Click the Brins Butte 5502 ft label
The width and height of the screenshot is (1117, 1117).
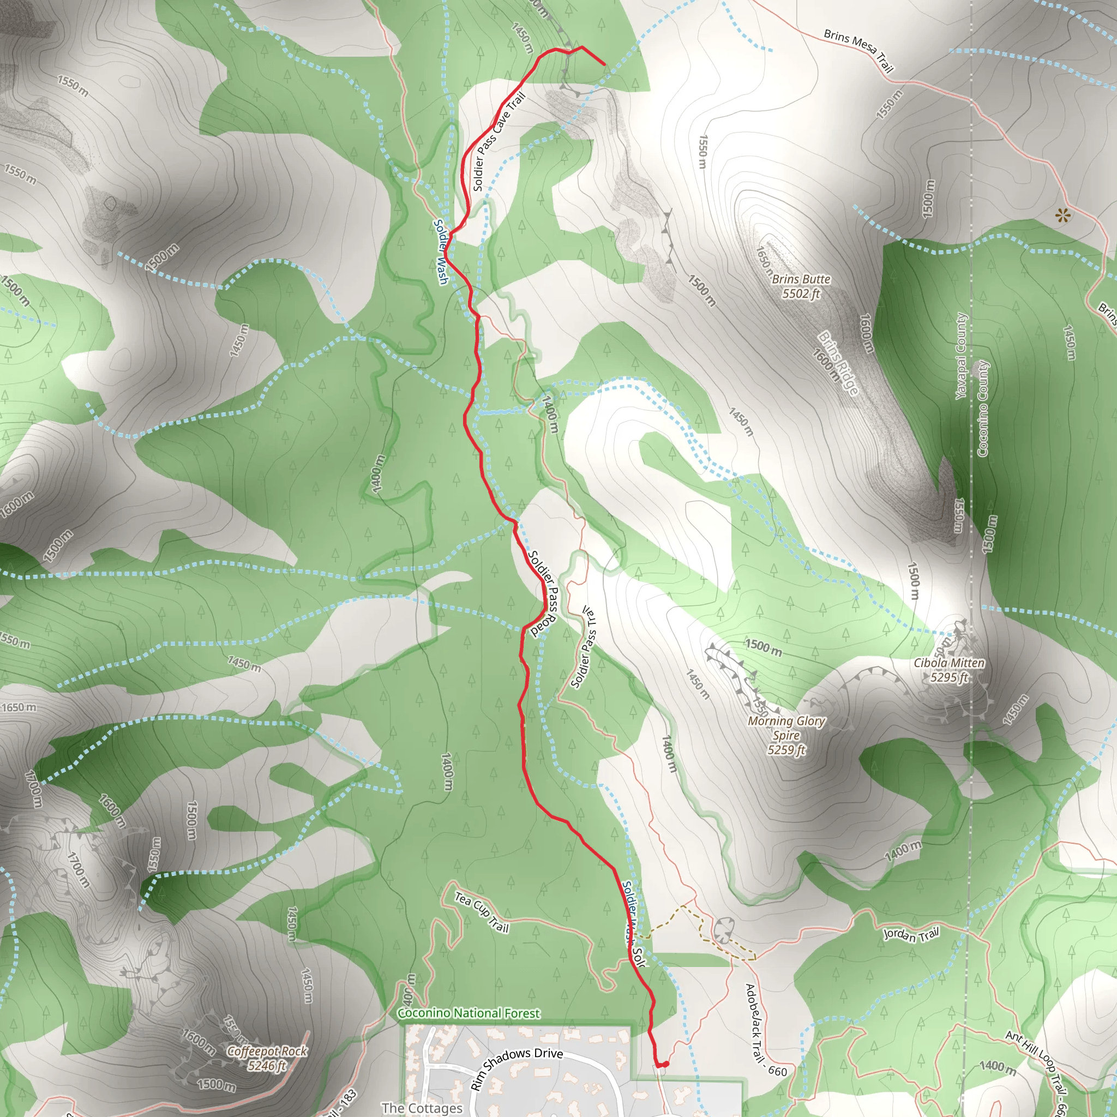click(x=801, y=286)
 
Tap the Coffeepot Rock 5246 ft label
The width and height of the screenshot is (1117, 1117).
click(x=267, y=1058)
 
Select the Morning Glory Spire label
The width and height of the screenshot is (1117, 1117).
click(x=786, y=735)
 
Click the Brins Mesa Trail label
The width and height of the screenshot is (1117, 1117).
click(x=858, y=50)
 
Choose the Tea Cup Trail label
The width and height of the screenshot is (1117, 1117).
click(x=481, y=912)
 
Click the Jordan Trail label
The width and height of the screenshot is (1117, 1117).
click(x=911, y=934)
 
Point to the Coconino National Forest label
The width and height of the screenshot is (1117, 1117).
click(x=469, y=1013)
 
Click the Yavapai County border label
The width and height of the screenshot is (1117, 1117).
click(x=960, y=356)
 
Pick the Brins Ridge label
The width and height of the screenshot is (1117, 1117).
click(x=838, y=363)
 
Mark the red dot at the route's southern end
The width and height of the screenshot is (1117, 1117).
click(x=665, y=1064)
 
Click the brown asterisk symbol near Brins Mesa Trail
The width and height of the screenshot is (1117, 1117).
click(x=1062, y=217)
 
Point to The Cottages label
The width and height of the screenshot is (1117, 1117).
click(x=422, y=1108)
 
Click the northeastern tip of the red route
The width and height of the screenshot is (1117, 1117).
click(x=604, y=64)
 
